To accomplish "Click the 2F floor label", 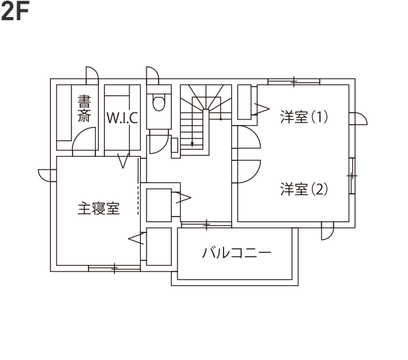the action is point(15,11).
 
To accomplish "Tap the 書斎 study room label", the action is point(84,109).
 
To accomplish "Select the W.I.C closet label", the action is point(123,118).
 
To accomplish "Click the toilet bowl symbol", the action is point(159,104).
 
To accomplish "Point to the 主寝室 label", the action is point(99,208).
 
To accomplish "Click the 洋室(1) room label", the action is point(304,117).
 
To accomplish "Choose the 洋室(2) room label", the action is point(304,189).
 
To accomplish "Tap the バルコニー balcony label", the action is point(236,253).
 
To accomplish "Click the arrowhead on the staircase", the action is point(192,145).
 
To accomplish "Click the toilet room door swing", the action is point(164,148).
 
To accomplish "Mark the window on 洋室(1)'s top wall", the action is point(294,81).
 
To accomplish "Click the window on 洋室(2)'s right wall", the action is point(352,176).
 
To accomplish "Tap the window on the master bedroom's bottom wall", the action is point(114,268).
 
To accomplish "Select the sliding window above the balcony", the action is point(207,225).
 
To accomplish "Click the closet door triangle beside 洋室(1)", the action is point(261,109).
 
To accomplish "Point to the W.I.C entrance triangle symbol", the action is point(123,161).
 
